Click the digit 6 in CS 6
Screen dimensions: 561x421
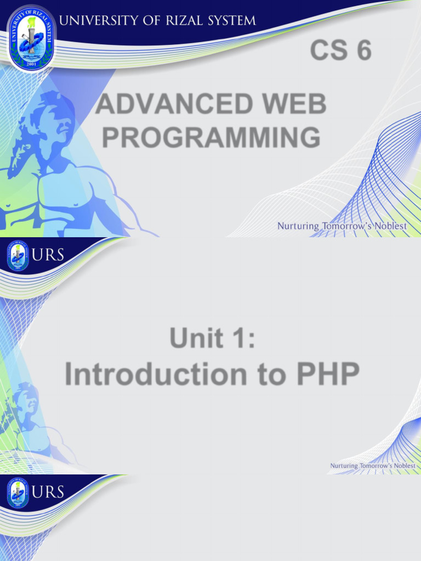363,51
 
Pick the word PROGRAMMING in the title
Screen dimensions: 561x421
211,137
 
